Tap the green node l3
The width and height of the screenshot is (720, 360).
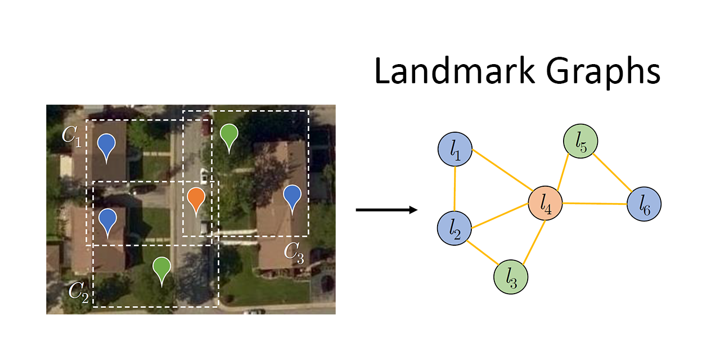pos(510,277)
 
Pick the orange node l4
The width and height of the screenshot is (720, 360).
pos(546,204)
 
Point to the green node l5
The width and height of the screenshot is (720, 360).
pos(580,140)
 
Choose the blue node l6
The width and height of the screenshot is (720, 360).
pos(644,204)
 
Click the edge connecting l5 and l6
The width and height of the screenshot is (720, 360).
pos(613,172)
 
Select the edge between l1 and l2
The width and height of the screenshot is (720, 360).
pos(454,189)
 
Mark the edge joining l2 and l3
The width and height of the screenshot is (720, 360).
pos(483,253)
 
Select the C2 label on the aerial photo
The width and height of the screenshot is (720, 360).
pos(79,291)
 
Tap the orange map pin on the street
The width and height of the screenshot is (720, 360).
pos(196,200)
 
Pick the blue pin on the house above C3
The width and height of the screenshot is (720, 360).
pos(292,197)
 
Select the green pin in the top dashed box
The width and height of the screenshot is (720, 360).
pos(228,136)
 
